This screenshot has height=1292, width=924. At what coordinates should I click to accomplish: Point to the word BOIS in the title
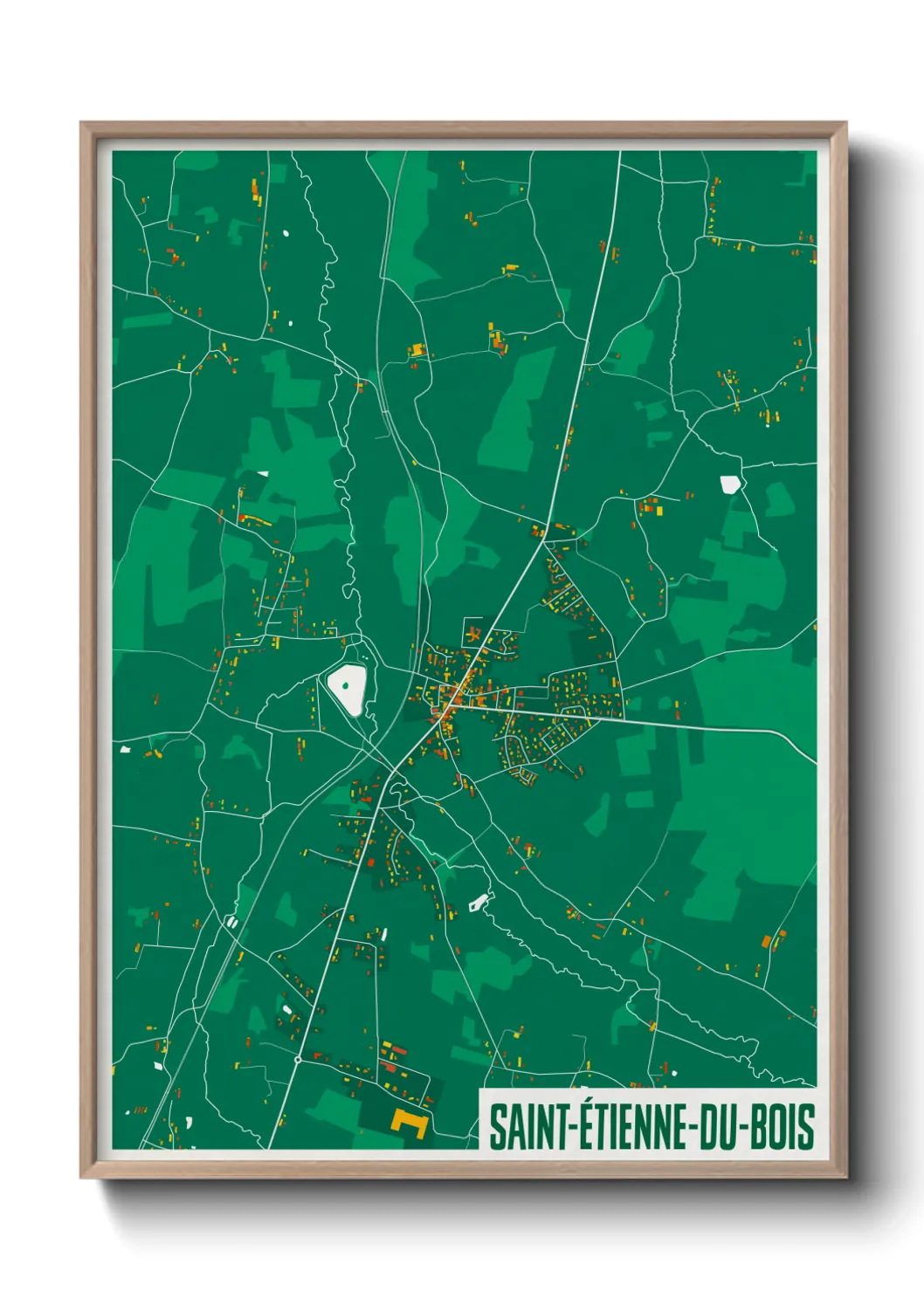783,1127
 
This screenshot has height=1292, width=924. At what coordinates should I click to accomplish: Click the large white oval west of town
348,688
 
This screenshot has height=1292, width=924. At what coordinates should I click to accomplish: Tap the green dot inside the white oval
346,686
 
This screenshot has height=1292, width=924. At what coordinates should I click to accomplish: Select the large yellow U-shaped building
408,1123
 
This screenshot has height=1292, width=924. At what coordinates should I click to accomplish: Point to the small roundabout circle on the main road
298,1060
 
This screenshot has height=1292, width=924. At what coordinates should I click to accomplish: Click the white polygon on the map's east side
729,484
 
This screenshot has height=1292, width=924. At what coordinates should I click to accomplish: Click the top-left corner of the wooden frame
82,123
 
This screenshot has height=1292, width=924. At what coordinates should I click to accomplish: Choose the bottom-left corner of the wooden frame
82,1176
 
